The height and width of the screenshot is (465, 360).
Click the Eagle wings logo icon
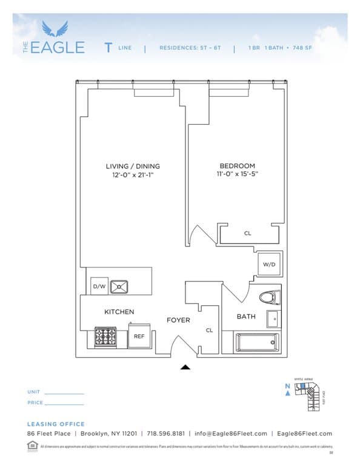click(x=55, y=28)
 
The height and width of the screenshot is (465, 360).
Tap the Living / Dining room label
click(x=133, y=166)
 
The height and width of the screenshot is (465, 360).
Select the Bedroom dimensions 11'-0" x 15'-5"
click(x=237, y=175)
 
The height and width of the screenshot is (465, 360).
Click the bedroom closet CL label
click(x=247, y=233)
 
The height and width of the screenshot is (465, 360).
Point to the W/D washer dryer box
click(x=269, y=265)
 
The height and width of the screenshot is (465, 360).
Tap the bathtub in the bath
click(x=258, y=343)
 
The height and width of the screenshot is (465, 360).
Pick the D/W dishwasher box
click(x=98, y=286)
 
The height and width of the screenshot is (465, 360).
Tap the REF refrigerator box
click(x=139, y=335)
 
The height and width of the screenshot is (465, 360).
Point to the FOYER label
click(x=178, y=320)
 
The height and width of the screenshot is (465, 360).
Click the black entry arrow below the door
click(x=185, y=367)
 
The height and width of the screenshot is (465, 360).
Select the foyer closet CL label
click(x=208, y=331)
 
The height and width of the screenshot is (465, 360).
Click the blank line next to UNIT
click(x=64, y=393)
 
